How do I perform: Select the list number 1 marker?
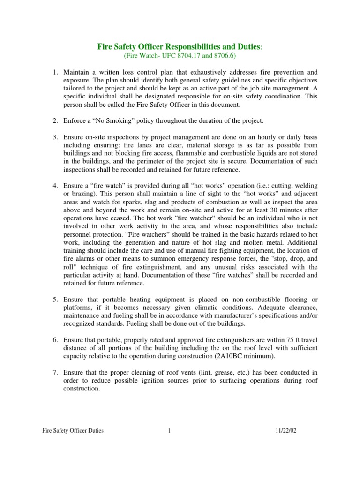[x=54, y=72]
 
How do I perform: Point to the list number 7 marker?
[x=54, y=372]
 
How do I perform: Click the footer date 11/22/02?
[x=286, y=431]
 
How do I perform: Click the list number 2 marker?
[x=54, y=121]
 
